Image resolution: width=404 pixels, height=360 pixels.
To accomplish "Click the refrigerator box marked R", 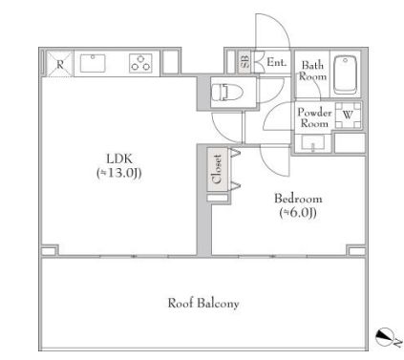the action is (60, 64).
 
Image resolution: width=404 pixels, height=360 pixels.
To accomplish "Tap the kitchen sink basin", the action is (93, 63).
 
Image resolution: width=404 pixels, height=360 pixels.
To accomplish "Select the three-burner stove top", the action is (140, 63).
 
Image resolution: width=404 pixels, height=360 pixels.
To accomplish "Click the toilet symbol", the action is (227, 92).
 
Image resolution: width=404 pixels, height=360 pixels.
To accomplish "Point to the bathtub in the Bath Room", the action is (346, 74).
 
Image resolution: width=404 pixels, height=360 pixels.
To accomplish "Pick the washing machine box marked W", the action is (348, 116).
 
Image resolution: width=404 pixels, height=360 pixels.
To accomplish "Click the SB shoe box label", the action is (245, 62).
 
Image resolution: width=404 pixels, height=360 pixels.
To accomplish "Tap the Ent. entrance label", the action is (276, 62).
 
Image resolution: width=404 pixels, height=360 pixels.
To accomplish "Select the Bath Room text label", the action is (312, 71).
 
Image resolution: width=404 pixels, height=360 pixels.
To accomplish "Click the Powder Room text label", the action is (314, 117).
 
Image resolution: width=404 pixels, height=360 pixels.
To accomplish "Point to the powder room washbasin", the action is (312, 143).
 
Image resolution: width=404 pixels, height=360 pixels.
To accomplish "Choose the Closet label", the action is (218, 169).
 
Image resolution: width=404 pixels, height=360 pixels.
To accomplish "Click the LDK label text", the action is (118, 159).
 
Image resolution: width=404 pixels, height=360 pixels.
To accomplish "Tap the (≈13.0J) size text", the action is (119, 173).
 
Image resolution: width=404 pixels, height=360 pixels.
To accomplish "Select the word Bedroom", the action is (298, 199).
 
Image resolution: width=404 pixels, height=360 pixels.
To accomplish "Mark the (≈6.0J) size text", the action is (298, 212).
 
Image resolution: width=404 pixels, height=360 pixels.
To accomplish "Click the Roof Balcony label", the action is (203, 303).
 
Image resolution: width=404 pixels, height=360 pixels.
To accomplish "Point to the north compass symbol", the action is (385, 337).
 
